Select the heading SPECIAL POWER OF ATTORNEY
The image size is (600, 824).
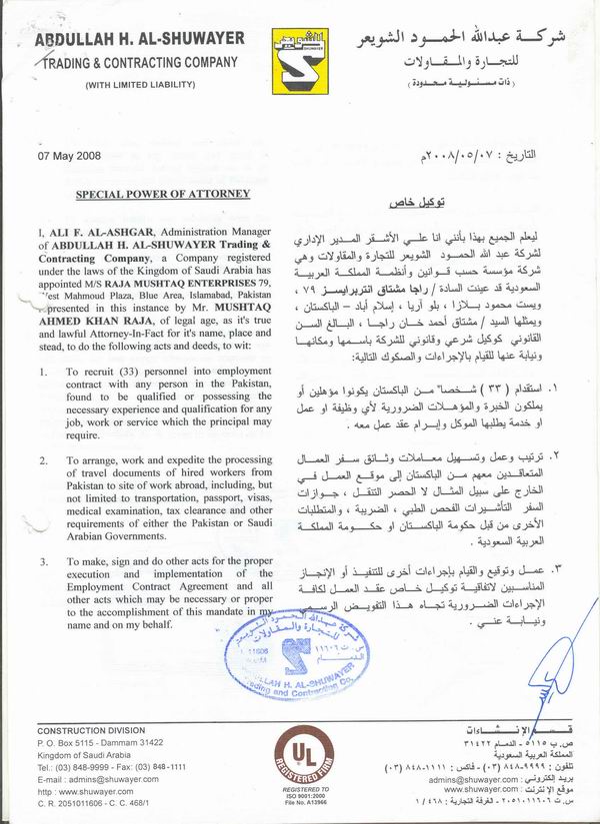tap(163, 195)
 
